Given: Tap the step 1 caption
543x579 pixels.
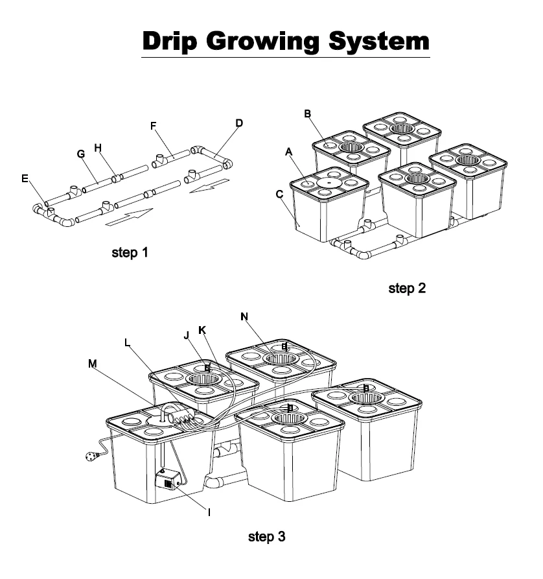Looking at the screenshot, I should point(130,253).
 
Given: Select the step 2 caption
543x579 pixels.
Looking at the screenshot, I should point(407,289).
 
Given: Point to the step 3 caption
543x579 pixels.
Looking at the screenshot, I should point(267,537).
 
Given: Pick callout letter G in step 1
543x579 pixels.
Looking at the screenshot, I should point(81,154).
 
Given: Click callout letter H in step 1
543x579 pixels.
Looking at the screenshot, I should point(98,148).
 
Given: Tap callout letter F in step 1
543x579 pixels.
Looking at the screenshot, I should point(154,125).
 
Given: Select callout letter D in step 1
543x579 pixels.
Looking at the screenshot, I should point(239,122).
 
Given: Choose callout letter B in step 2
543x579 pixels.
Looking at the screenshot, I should point(308,114).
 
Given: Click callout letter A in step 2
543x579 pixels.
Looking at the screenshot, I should point(289,152).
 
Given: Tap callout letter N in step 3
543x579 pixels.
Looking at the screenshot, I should point(244,316).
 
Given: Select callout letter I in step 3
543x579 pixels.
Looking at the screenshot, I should point(209,512).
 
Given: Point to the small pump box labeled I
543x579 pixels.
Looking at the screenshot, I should point(167,483).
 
